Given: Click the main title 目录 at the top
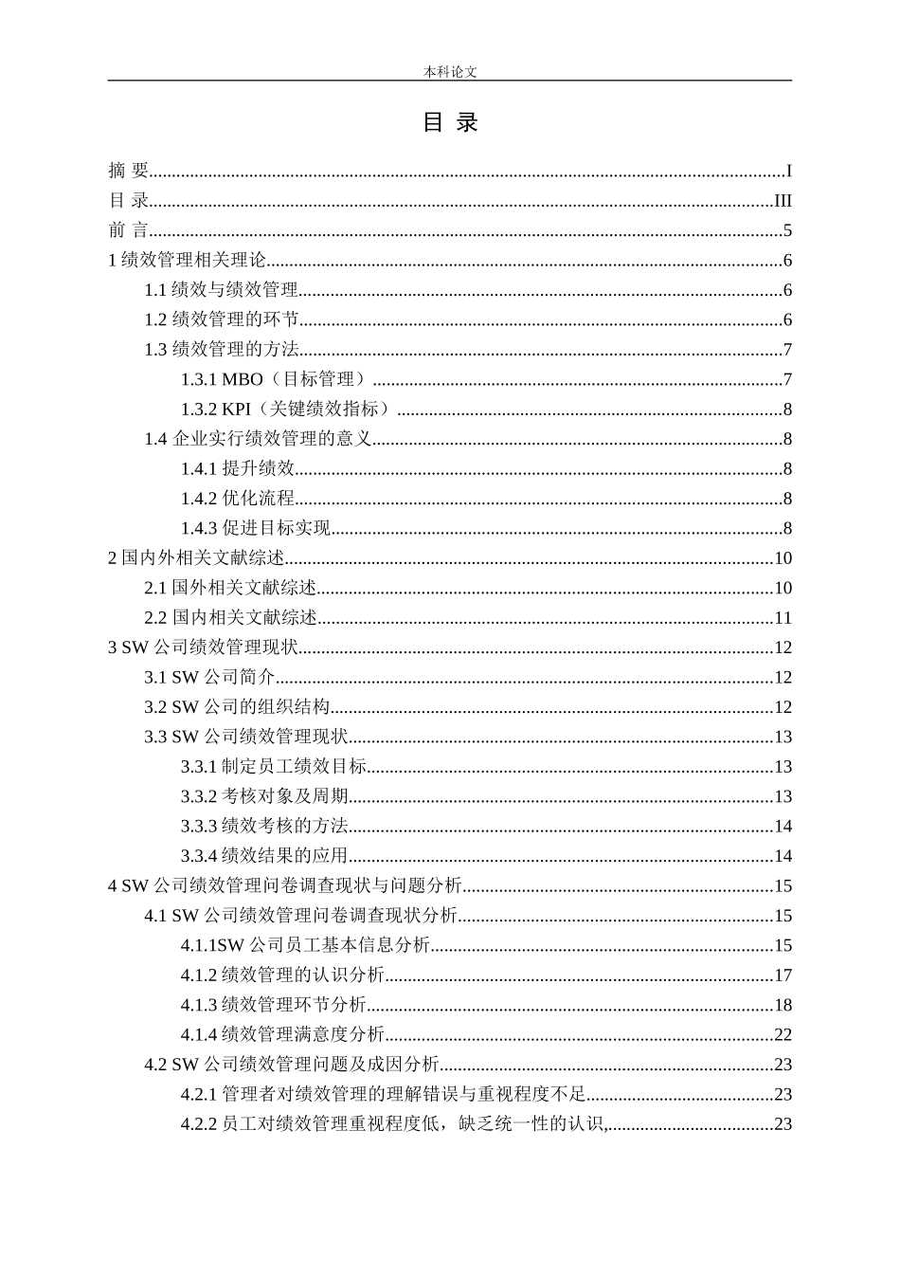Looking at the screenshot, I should pos(450,122).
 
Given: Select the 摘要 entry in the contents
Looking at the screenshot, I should pos(129,171).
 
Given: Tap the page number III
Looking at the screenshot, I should pos(783,201).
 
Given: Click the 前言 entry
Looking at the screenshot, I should pos(129,230).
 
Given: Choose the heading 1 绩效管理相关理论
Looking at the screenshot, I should pos(188,261).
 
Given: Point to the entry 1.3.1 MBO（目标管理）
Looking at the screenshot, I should pos(274,380).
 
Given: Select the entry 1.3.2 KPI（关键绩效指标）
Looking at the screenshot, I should pos(286,410).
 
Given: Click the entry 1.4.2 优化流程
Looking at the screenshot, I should pos(238,499).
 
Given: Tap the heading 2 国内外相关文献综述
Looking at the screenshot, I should pos(197,558).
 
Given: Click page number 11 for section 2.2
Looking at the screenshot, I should pos(783,618).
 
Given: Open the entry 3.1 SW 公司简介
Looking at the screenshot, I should pos(209,678).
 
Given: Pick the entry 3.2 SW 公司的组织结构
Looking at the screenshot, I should pos(237,707).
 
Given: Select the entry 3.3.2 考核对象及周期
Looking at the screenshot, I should pos(264,796).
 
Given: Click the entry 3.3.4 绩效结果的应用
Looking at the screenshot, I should pos(264,856).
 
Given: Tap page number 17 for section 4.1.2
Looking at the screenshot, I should pos(783,975).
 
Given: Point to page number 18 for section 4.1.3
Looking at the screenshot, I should pos(783,1005).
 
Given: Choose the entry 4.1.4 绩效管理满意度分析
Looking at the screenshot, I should pos(282,1035).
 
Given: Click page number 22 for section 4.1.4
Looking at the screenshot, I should pos(783,1035).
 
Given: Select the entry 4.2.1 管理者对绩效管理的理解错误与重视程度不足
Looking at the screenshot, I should pos(384,1095).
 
